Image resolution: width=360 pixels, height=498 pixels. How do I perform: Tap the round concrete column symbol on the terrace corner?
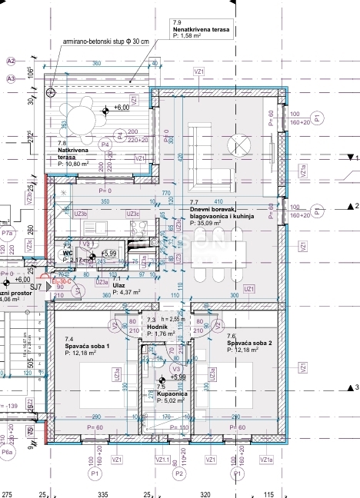point(51,91)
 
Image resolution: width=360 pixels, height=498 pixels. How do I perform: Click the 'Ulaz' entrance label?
point(119,285)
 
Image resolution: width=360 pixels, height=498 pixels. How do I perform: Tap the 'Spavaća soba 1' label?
point(86,346)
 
